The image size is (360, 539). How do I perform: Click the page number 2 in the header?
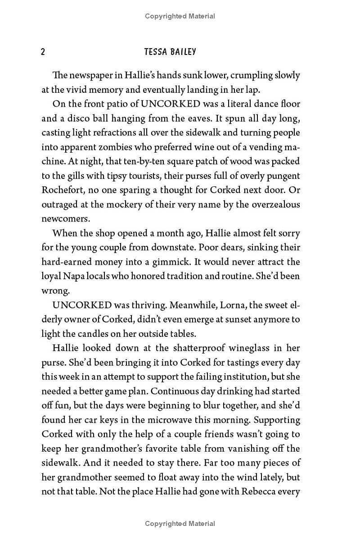[x=43, y=52]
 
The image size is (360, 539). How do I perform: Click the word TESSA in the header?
[x=156, y=52]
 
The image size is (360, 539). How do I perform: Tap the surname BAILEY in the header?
[x=183, y=52]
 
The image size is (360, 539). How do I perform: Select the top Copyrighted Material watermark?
[x=180, y=16]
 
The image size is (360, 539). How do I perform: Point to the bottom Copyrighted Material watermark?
[x=180, y=524]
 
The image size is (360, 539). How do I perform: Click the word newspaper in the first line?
[x=91, y=75]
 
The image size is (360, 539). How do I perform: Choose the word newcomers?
[x=66, y=219]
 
